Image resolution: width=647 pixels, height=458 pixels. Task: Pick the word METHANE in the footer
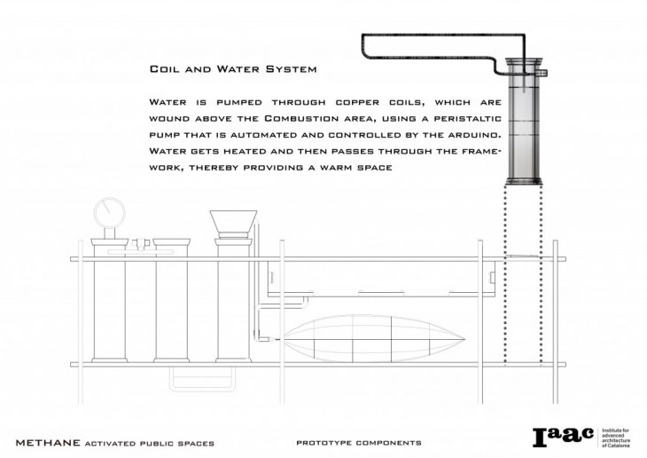47,441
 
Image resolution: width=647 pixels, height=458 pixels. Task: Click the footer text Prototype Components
359,441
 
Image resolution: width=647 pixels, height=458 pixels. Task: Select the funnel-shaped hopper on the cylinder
234,221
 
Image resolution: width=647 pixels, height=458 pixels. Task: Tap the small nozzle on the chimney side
544,75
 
